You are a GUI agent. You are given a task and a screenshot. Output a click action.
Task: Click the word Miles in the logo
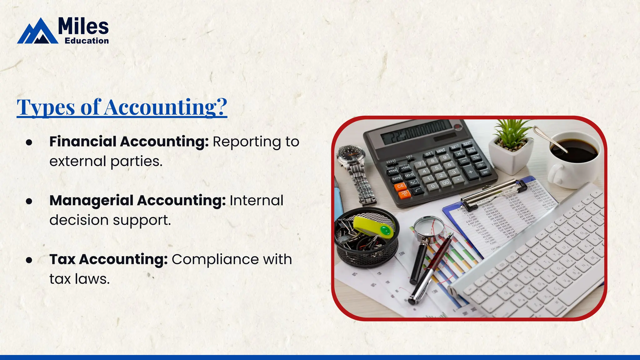click(83, 26)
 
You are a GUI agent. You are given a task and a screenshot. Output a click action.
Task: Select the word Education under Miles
click(87, 41)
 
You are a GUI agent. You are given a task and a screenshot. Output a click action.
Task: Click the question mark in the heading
click(221, 107)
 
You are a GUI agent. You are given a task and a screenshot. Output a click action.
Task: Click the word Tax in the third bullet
click(62, 259)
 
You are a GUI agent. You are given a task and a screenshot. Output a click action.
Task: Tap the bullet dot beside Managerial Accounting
click(29, 201)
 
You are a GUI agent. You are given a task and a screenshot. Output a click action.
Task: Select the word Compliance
click(215, 259)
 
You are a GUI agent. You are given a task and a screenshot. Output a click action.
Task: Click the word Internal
click(256, 201)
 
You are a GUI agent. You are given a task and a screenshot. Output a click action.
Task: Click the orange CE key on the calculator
click(400, 186)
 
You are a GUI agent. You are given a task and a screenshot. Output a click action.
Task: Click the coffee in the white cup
click(574, 151)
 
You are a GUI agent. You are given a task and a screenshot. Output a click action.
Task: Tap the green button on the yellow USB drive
click(385, 231)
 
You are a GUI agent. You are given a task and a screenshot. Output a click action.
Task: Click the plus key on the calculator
click(470, 172)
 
